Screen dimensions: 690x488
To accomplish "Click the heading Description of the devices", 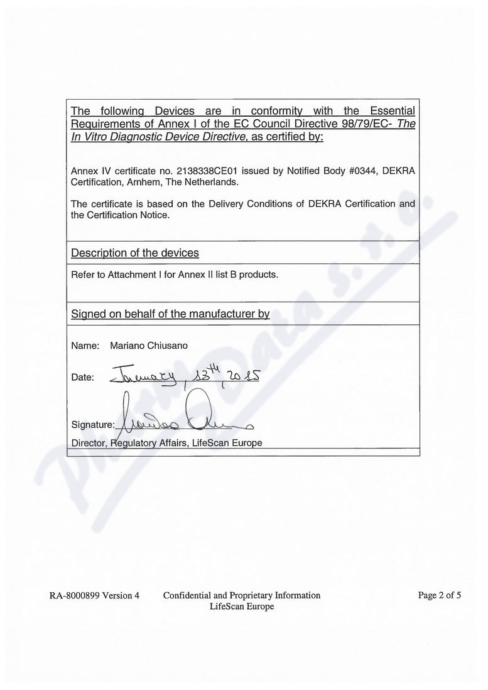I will [135, 253].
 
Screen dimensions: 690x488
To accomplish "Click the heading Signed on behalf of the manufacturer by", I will [170, 314].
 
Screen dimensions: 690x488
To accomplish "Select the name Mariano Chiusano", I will [148, 346].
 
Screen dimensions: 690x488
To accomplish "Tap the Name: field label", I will [85, 346].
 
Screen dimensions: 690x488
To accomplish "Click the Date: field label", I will [82, 378].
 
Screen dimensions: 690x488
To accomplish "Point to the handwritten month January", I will [145, 376].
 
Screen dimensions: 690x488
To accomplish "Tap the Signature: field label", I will [93, 425].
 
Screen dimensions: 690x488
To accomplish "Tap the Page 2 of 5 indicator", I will [440, 596].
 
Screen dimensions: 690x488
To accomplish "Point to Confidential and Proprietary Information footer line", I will [242, 596].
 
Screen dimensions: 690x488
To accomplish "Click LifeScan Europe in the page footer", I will [242, 607].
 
